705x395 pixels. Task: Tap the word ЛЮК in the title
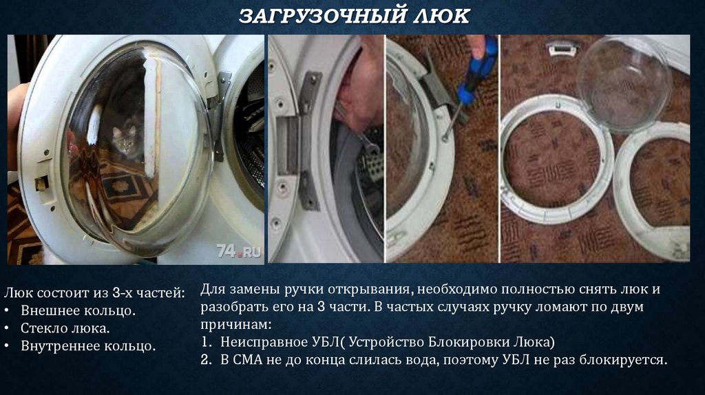(x=441, y=17)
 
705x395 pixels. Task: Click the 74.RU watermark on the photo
(x=239, y=251)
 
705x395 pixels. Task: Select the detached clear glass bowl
(x=625, y=83)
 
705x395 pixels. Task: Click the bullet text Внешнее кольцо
(x=78, y=310)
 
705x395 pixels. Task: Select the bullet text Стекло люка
(x=65, y=328)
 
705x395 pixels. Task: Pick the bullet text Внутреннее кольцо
(x=88, y=346)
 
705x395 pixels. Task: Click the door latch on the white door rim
(x=42, y=183)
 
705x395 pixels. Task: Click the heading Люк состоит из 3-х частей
(x=94, y=293)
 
